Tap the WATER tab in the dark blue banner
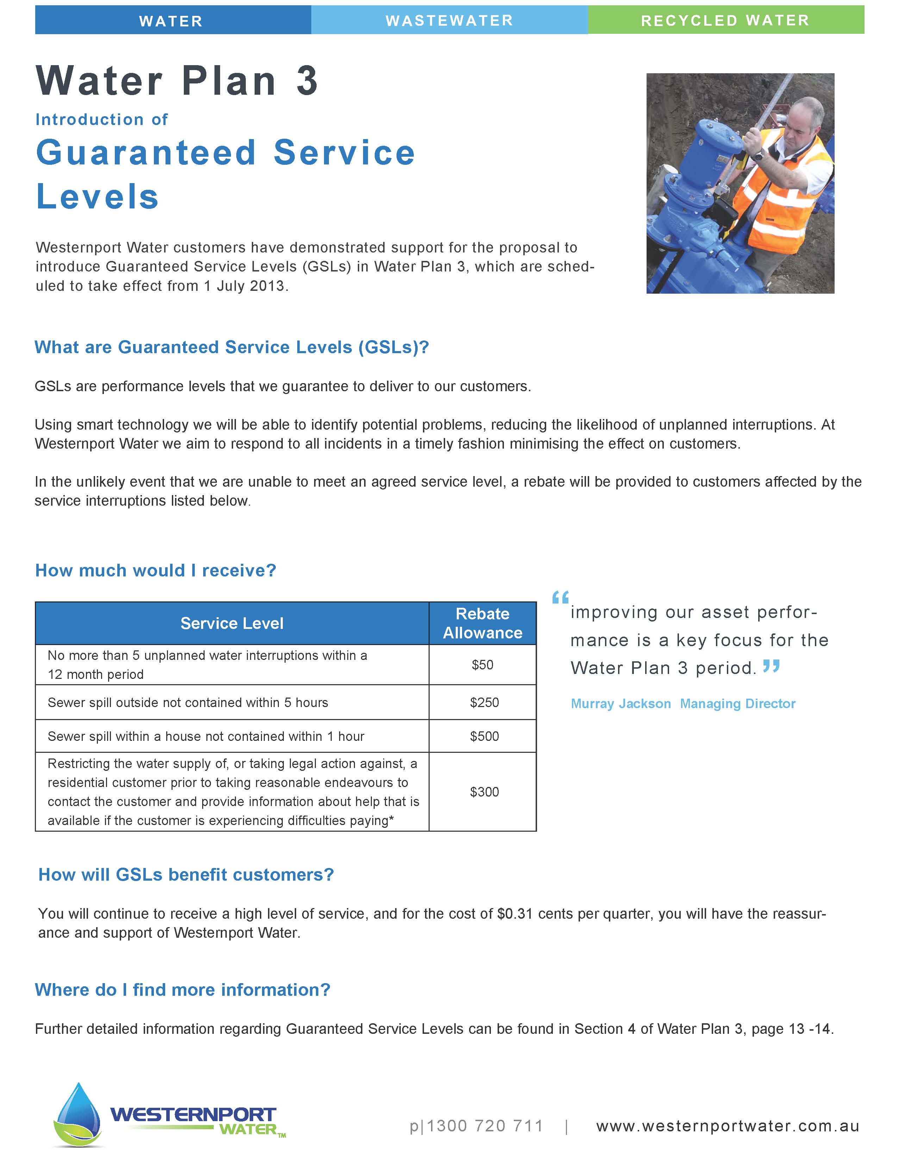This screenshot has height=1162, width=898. pos(171,21)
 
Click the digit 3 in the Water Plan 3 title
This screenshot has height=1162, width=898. pos(307,81)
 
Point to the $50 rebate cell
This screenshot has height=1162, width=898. pos(482,664)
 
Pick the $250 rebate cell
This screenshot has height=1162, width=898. pos(484,702)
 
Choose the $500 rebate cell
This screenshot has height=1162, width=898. pos(484,736)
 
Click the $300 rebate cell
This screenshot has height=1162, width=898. pos(484,792)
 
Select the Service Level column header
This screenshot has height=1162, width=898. pos(232,623)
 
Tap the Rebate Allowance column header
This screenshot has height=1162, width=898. pos(482,623)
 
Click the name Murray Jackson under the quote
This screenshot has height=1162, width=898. pos(620,704)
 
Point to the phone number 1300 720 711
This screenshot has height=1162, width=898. pos(485,1126)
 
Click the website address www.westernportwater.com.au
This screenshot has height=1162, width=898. pos(728,1126)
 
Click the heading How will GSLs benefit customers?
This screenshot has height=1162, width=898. pos(186,875)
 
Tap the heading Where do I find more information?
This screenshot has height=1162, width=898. pos(182,989)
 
